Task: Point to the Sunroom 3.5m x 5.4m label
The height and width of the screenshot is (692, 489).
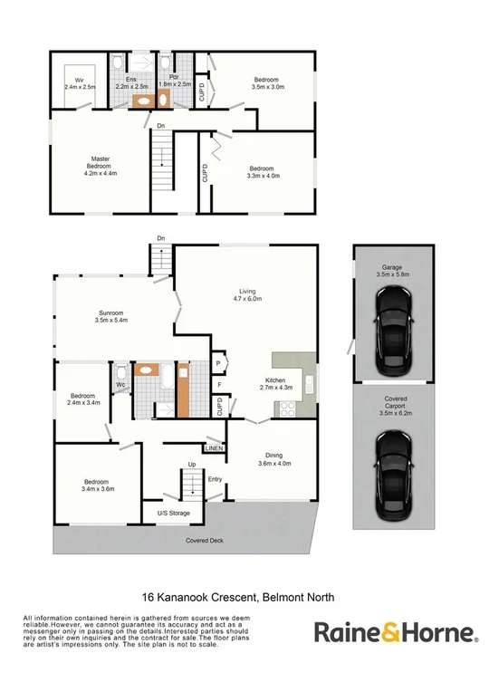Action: [111, 316]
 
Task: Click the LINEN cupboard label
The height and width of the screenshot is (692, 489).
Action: [214, 448]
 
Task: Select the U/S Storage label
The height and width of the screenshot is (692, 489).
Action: [173, 514]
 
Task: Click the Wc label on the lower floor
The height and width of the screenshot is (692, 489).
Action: [120, 385]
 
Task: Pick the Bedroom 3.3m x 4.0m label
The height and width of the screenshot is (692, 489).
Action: [263, 172]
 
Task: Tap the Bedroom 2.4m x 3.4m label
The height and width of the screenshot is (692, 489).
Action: [83, 398]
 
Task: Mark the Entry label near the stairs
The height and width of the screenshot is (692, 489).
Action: [215, 479]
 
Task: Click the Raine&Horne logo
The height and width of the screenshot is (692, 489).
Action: [396, 631]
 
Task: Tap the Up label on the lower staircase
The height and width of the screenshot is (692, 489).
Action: [192, 465]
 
